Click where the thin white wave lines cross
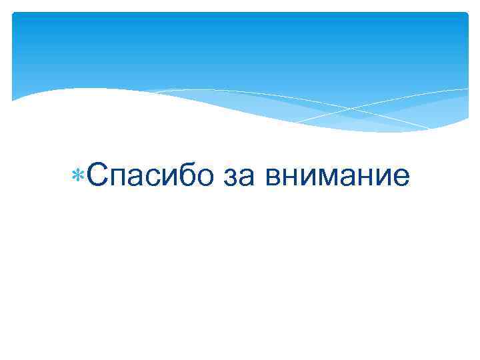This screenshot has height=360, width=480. pos(348,108)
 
